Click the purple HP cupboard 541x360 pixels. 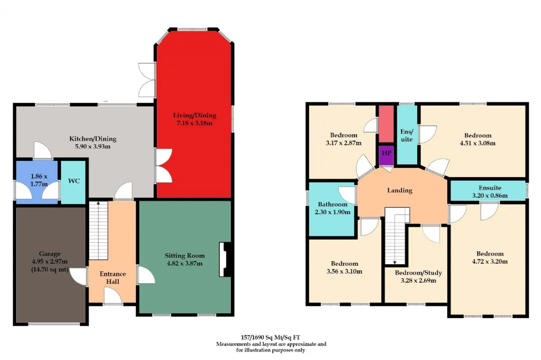[386, 155]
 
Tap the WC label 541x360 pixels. [74, 181]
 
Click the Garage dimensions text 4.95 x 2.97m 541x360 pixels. [50, 262]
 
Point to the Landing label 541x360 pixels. [400, 190]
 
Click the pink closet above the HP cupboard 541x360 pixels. [386, 124]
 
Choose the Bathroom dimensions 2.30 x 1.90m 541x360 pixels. [333, 212]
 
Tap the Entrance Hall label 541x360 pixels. [113, 278]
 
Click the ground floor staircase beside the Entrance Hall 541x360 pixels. [98, 231]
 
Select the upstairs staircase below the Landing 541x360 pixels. [395, 236]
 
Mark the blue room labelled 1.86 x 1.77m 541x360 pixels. [37, 182]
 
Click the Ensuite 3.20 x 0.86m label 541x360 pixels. [490, 192]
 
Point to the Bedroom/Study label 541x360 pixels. [418, 273]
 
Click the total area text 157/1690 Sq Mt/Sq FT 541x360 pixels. [270, 337]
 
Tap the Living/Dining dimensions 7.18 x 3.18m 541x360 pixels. [194, 123]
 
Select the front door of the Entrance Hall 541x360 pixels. [113, 295]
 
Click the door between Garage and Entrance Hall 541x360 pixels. [79, 276]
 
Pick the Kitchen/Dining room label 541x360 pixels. [93, 139]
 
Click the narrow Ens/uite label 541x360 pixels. [407, 136]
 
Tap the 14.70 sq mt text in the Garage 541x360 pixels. [50, 270]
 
